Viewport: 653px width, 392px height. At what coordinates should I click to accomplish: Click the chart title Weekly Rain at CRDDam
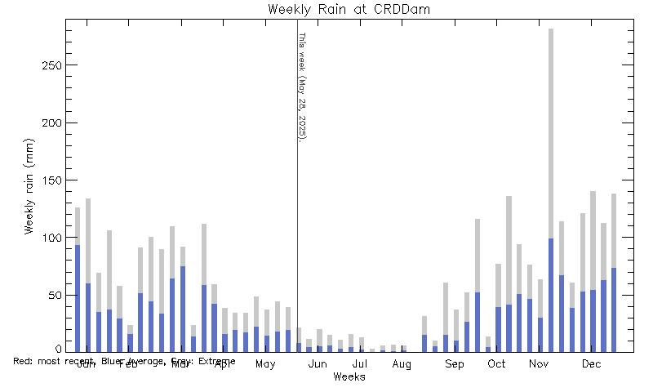pyautogui.click(x=349, y=10)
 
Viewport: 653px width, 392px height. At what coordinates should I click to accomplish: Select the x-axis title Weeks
pyautogui.click(x=349, y=376)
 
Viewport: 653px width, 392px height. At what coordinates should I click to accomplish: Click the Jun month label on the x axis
pyautogui.click(x=318, y=364)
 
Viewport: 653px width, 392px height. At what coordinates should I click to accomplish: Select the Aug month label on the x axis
pyautogui.click(x=401, y=364)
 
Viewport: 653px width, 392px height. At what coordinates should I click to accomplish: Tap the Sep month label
pyautogui.click(x=454, y=364)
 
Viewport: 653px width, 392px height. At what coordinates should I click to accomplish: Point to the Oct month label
pyautogui.click(x=496, y=364)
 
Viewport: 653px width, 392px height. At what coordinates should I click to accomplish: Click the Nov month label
pyautogui.click(x=539, y=364)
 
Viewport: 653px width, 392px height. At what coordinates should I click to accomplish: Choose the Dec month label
pyautogui.click(x=591, y=364)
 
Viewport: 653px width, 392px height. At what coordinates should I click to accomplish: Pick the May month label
pyautogui.click(x=265, y=364)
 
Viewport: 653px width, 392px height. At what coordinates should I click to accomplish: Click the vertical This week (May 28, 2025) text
pyautogui.click(x=302, y=87)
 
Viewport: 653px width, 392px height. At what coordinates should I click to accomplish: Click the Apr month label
pyautogui.click(x=223, y=364)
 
